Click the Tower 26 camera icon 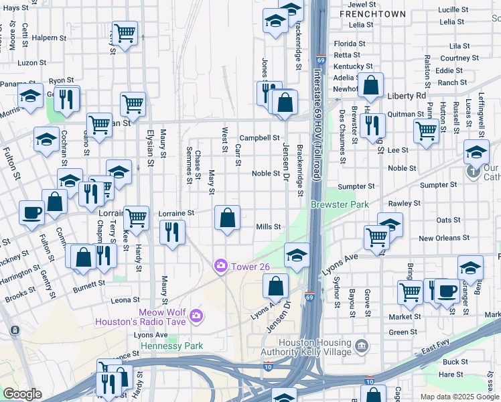click(x=220, y=267)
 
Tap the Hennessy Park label click(x=171, y=346)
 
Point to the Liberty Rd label click(x=407, y=96)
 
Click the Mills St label click(x=269, y=227)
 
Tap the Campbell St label click(x=259, y=137)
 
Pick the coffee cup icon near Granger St click(x=447, y=291)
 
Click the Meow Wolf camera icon click(x=196, y=315)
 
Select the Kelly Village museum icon click(x=362, y=346)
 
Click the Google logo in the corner click(x=23, y=394)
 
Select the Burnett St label click(x=89, y=284)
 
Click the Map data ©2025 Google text click(x=459, y=397)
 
